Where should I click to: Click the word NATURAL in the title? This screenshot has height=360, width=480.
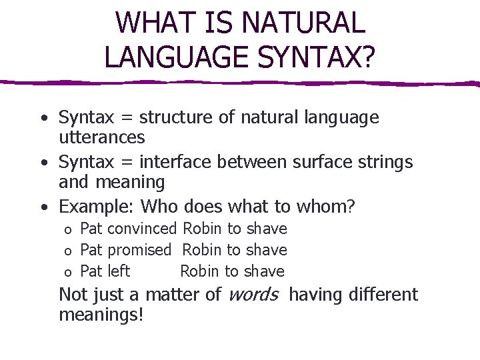pos(303,23)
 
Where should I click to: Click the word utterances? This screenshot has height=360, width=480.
pos(101,137)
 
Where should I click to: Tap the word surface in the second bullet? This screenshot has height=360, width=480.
pos(322,162)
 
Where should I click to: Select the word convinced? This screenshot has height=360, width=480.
pos(142,229)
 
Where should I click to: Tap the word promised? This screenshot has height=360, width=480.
pos(139,250)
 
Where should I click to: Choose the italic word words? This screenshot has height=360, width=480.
pos(253,295)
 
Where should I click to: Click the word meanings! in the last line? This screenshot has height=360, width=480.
pos(101,314)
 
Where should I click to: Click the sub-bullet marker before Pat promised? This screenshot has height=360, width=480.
pos(67,251)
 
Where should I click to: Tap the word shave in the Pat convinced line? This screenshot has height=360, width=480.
pos(267,229)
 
